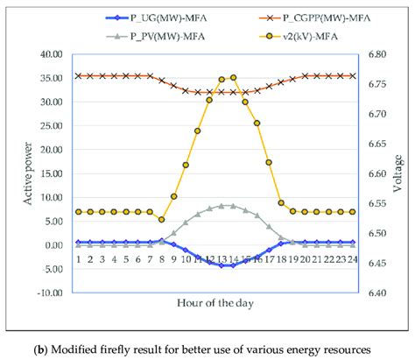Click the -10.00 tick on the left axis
point(51,293)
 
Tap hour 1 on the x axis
point(78,258)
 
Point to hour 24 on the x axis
point(352,258)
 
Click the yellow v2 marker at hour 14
point(233,78)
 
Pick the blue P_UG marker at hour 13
point(221,265)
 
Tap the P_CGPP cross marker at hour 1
point(78,76)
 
